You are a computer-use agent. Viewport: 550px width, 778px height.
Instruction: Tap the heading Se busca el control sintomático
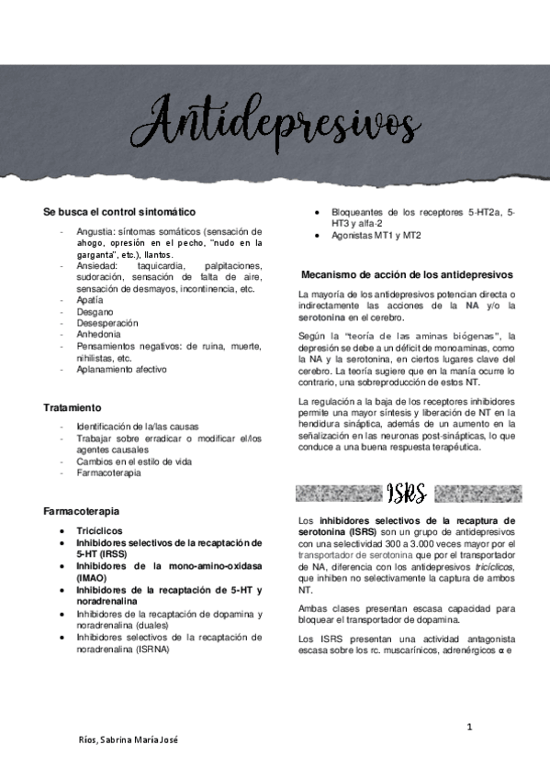(x=118, y=212)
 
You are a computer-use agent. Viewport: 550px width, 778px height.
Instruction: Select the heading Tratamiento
(x=73, y=406)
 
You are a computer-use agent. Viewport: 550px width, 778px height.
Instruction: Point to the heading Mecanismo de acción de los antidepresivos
(x=407, y=274)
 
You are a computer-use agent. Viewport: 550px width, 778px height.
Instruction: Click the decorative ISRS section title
(x=406, y=494)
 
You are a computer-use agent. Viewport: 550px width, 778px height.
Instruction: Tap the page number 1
(x=469, y=728)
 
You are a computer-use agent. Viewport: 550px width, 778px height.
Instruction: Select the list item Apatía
(x=90, y=300)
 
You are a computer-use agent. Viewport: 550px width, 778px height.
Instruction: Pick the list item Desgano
(x=94, y=312)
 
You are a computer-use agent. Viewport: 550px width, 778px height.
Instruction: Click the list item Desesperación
(x=107, y=323)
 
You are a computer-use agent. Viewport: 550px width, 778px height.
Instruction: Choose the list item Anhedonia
(x=98, y=335)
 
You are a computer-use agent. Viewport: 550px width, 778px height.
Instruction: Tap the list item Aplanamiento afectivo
(x=122, y=370)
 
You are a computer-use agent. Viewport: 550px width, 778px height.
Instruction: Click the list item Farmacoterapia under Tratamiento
(x=108, y=473)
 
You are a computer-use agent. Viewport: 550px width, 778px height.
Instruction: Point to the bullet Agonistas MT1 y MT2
(x=376, y=236)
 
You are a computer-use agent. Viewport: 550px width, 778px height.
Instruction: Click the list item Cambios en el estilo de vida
(x=134, y=461)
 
